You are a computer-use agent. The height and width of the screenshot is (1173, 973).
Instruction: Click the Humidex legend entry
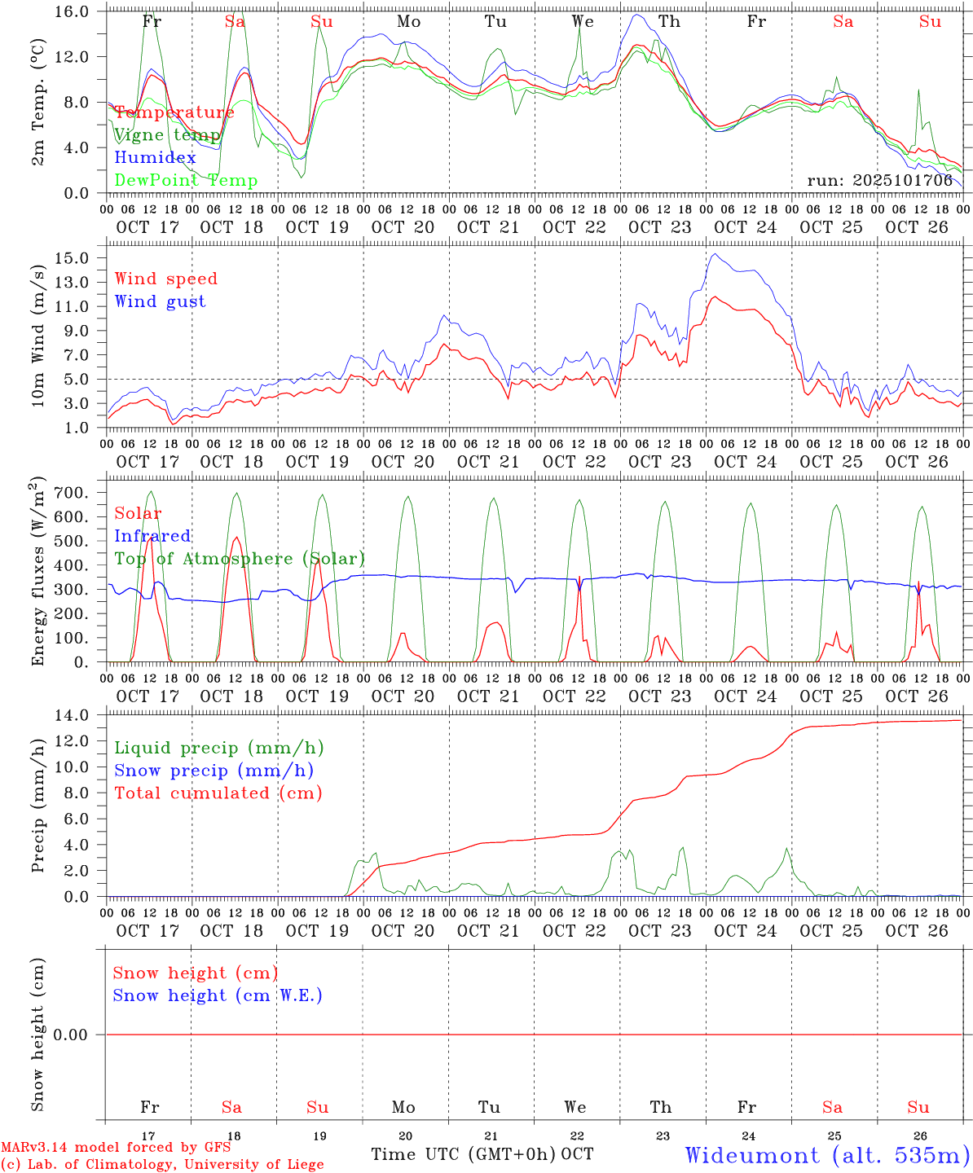click(x=155, y=158)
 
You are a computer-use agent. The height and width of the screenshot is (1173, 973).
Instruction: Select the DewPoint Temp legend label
click(x=186, y=181)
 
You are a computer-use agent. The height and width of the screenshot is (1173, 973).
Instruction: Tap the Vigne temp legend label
click(x=167, y=135)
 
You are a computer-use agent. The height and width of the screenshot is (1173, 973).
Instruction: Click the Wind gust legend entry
click(x=160, y=301)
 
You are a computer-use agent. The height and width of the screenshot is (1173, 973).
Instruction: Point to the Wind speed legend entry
click(x=166, y=279)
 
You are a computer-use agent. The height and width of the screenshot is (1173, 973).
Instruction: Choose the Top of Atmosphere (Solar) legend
click(x=240, y=559)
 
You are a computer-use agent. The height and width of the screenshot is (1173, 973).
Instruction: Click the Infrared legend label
click(x=152, y=536)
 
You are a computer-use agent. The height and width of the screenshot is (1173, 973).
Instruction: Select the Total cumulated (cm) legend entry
click(x=218, y=793)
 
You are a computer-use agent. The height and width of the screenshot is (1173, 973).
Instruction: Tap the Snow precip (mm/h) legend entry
click(x=214, y=771)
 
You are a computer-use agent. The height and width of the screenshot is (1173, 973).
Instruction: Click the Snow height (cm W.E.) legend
click(x=218, y=995)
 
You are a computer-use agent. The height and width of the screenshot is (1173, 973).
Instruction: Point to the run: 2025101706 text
click(x=879, y=181)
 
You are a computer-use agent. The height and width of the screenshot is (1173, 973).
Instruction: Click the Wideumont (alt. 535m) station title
click(x=826, y=1155)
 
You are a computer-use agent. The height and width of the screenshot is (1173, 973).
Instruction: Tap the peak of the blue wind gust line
click(x=715, y=254)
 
